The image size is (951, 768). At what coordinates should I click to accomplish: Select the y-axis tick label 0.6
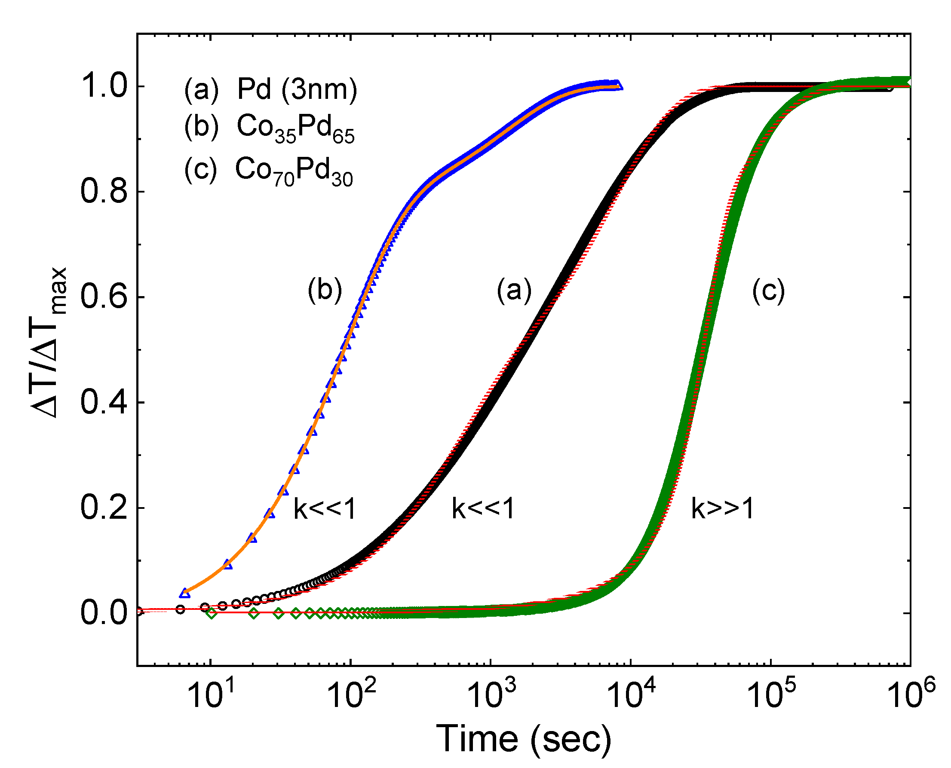[104, 297]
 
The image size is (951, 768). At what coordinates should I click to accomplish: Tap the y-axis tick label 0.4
[104, 403]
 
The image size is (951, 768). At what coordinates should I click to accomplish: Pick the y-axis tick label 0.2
[104, 508]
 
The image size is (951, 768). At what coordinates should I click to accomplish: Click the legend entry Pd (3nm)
[297, 90]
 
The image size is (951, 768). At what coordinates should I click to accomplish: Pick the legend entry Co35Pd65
[295, 129]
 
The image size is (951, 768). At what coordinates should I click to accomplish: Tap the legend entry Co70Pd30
[293, 171]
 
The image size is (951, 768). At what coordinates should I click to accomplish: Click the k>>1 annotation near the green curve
[722, 509]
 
